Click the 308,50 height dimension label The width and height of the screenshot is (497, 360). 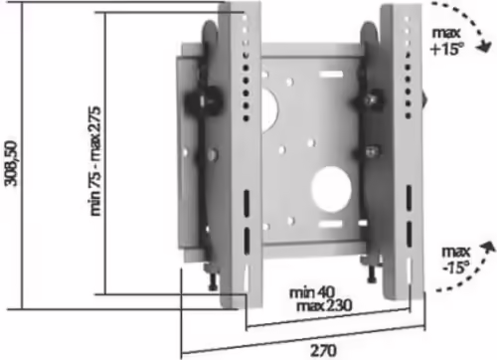tap(12, 163)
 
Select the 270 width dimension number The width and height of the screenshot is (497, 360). tap(323, 350)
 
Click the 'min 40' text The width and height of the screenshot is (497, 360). tap(312, 292)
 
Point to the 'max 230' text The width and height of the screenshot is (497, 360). tap(324, 305)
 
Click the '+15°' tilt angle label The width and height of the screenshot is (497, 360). tap(446, 50)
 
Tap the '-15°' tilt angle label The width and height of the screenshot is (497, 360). tap(456, 267)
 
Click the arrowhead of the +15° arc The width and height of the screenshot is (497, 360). tap(484, 47)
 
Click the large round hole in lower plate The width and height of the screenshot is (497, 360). tap(331, 189)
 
